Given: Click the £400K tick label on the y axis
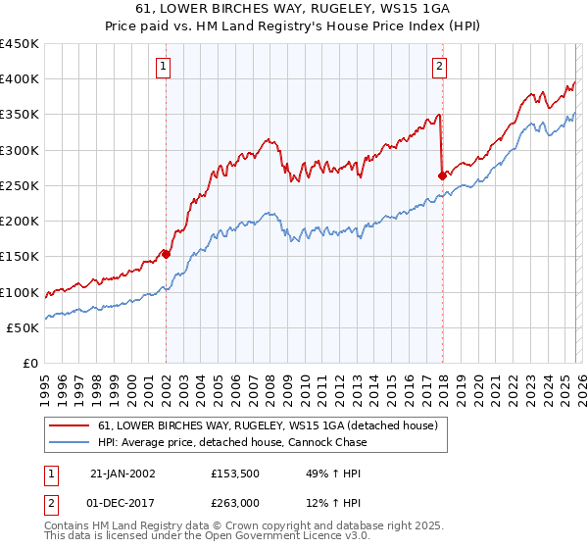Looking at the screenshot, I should click(x=20, y=79).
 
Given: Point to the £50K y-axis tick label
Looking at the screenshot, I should click(x=24, y=327).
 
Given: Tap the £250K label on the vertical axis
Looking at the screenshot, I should click(x=20, y=185).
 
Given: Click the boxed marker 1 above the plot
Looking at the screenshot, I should click(x=164, y=67).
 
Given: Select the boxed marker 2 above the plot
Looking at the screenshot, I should click(x=440, y=67).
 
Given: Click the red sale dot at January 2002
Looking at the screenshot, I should click(x=166, y=254).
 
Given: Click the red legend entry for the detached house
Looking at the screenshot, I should click(x=273, y=425).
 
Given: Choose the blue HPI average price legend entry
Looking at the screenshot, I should click(x=232, y=442).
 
